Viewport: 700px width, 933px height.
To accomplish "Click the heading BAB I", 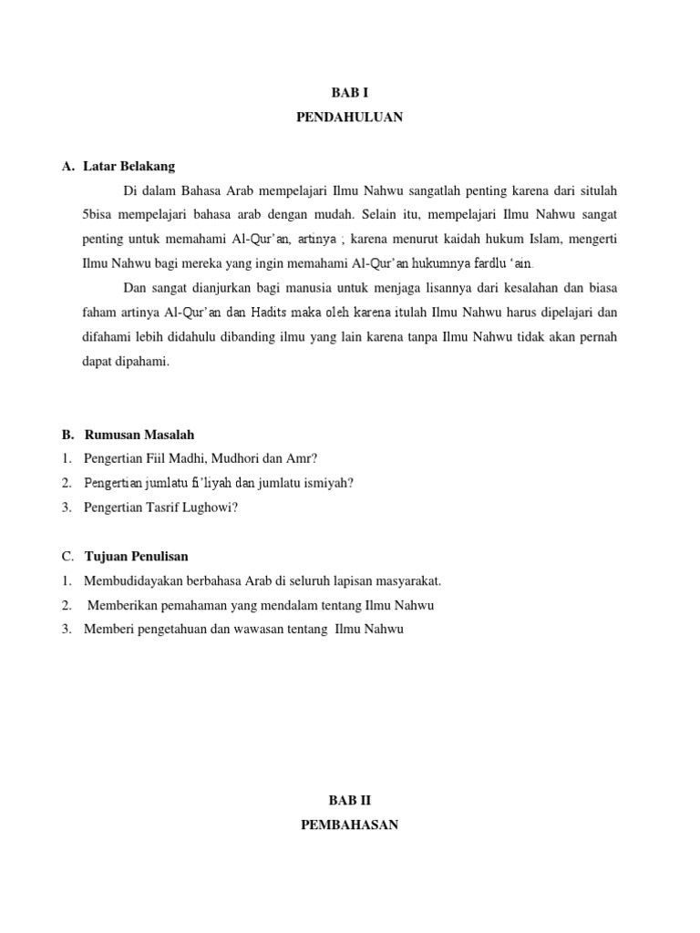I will coord(349,93).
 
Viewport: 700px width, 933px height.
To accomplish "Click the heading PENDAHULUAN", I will coord(349,118).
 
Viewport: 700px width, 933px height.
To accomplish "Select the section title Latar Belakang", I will coord(129,167).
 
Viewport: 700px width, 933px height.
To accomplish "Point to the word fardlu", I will coord(471,263).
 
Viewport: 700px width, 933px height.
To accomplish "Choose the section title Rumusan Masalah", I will coord(139,435).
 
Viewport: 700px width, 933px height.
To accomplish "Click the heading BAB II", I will coord(349,801).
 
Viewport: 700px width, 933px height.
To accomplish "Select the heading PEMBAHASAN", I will coord(349,825).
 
